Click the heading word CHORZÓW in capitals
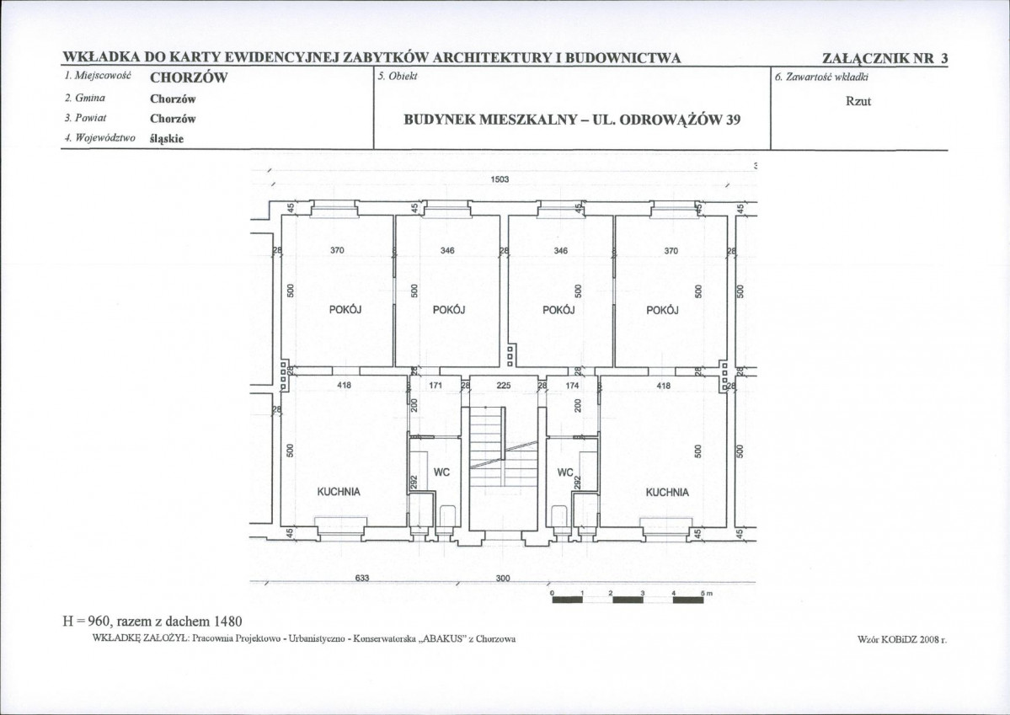[189, 78]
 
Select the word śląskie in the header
[167, 138]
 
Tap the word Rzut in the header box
[858, 101]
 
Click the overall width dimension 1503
[500, 179]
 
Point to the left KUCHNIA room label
[339, 492]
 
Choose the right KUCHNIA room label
[667, 492]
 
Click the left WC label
[441, 472]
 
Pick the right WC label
[565, 472]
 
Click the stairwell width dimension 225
[504, 385]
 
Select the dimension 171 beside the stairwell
[435, 385]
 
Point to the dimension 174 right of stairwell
[572, 385]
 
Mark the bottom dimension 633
[362, 578]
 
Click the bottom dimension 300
[503, 578]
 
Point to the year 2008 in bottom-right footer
[921, 640]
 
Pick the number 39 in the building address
[733, 120]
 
